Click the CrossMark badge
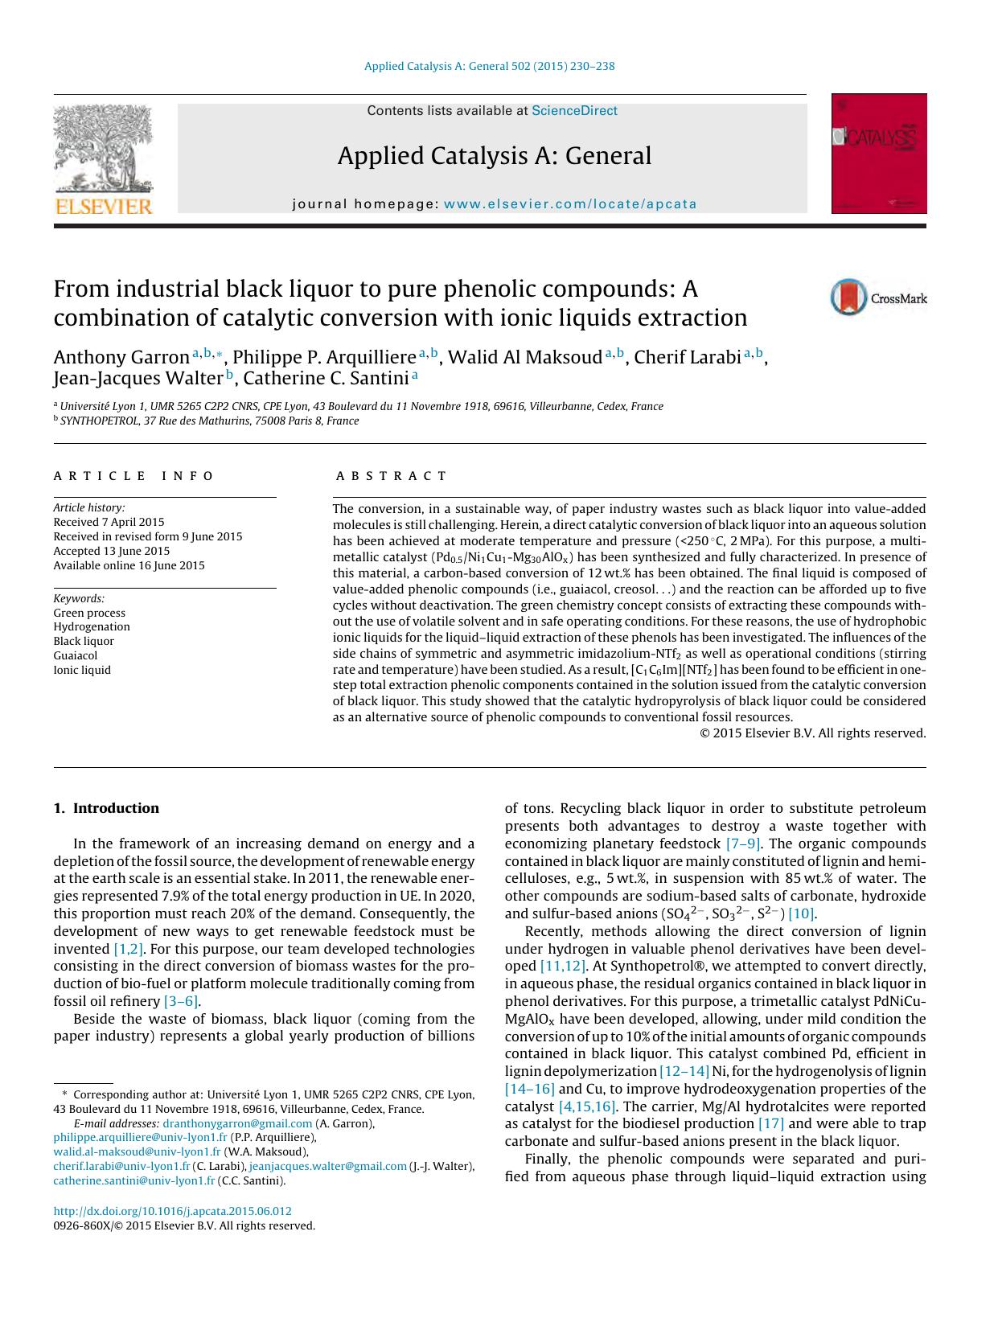[877, 298]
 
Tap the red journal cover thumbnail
[878, 154]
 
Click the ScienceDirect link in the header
[574, 111]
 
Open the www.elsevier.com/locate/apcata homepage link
[569, 204]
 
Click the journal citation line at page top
[489, 66]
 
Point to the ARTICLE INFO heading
[133, 476]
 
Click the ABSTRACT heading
[391, 476]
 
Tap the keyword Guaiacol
[76, 655]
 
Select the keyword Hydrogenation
[92, 626]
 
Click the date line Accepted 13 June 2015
[112, 551]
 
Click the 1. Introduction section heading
[106, 808]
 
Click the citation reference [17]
[770, 1123]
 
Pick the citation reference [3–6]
[181, 1001]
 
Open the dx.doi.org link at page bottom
[172, 1211]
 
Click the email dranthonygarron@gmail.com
[237, 1123]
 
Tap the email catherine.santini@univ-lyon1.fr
[134, 1180]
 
